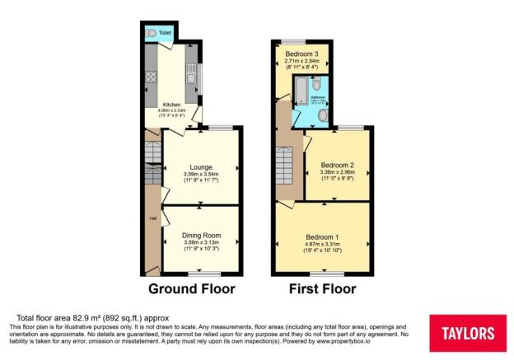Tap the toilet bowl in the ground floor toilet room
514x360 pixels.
151,33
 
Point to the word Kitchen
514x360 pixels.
171,105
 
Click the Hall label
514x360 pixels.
152,218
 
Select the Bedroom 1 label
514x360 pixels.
321,237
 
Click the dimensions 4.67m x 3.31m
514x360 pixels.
321,245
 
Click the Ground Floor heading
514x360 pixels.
191,288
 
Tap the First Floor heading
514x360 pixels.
322,288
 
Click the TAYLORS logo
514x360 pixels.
467,333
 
